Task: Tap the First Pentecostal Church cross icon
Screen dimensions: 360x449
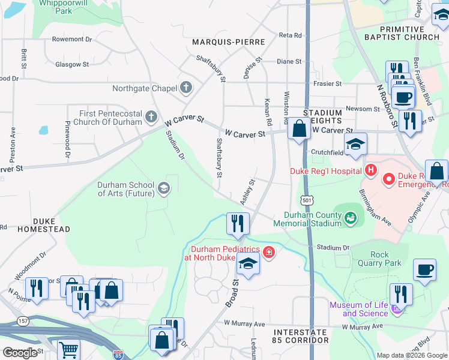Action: coord(152,116)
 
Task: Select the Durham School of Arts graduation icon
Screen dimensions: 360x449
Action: coord(163,190)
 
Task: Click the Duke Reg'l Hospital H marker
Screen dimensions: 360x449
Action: coord(371,171)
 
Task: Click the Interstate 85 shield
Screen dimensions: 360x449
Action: coord(118,355)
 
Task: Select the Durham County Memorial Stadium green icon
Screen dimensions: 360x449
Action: coord(350,218)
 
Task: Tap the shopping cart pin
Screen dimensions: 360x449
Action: coord(70,349)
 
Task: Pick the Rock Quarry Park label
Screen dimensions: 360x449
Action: coord(385,259)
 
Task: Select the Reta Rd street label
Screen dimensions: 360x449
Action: coord(290,36)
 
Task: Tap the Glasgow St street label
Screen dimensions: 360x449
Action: coord(72,64)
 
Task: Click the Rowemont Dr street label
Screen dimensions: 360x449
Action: coord(72,39)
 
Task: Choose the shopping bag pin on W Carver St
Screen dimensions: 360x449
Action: coord(299,128)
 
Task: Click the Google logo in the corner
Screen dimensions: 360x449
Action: coord(20,353)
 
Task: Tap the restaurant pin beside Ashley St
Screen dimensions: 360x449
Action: coord(238,223)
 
